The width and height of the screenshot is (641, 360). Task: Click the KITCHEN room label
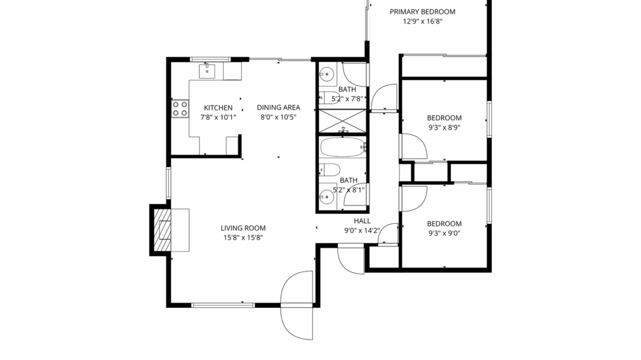pyautogui.click(x=218, y=107)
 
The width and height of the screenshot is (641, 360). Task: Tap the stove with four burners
pyautogui.click(x=180, y=109)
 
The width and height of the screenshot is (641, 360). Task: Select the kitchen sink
pyautogui.click(x=207, y=72)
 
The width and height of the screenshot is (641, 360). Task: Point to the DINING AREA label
pyautogui.click(x=278, y=107)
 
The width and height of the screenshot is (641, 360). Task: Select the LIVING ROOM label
pyautogui.click(x=243, y=228)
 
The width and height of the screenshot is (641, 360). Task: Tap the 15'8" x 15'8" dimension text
pyautogui.click(x=243, y=237)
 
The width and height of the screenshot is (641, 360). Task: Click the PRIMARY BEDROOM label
pyautogui.click(x=422, y=12)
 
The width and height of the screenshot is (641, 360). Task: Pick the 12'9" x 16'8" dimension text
pyautogui.click(x=422, y=21)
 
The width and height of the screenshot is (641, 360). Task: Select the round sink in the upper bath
pyautogui.click(x=327, y=74)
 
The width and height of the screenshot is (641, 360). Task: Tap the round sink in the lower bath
pyautogui.click(x=327, y=196)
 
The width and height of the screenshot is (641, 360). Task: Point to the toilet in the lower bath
pyautogui.click(x=330, y=169)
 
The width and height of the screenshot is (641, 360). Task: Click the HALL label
pyautogui.click(x=362, y=221)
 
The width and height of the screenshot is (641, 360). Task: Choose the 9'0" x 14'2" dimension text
pyautogui.click(x=362, y=231)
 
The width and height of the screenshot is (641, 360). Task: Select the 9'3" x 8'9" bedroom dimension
pyautogui.click(x=444, y=127)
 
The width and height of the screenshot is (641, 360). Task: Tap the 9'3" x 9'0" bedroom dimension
pyautogui.click(x=444, y=233)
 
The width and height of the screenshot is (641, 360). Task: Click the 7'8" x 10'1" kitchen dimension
pyautogui.click(x=218, y=117)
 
